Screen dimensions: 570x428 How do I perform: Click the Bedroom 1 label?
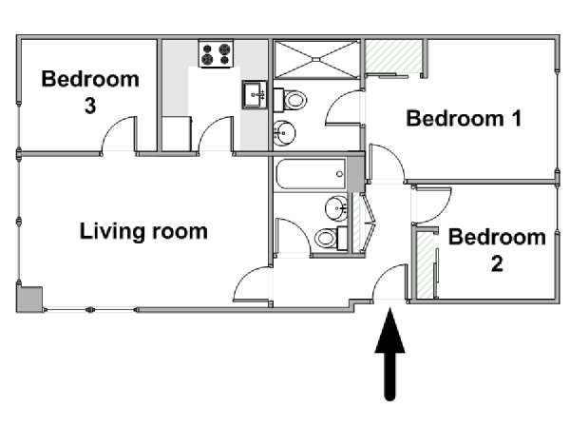coord(464,118)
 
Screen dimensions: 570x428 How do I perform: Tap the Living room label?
coord(143,231)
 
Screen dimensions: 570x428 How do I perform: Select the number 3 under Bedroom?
coord(90,106)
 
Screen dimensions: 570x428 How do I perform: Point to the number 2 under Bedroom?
coord(497,263)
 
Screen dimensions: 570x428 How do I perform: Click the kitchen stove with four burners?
coord(216,53)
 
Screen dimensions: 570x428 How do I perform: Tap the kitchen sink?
coord(255,95)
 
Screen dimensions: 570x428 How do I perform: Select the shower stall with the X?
coord(316,59)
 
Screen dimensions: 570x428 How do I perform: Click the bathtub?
coord(311,174)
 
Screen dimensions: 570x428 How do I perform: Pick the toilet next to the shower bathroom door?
coord(290,100)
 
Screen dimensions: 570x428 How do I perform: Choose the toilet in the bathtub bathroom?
coord(331,239)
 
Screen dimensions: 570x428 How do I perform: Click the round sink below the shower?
coord(284,133)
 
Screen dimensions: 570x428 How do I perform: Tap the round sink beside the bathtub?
coord(336,208)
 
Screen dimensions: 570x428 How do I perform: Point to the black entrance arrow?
coord(389,354)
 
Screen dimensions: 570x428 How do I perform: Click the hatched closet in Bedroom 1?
coord(393,56)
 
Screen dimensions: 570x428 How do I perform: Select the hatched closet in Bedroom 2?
coord(425,264)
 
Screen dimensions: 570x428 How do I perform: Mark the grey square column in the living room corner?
coord(29,299)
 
